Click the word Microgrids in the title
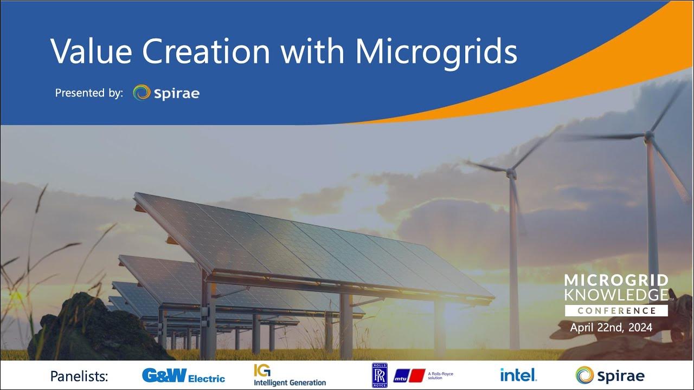436,51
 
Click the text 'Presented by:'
89,93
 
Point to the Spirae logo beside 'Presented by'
166,93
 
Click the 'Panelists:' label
79,376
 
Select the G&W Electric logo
183,375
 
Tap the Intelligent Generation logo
290,375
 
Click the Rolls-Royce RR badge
380,375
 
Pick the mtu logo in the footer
409,375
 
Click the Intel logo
518,374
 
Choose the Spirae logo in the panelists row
610,375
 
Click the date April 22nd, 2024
611,328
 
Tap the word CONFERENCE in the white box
616,311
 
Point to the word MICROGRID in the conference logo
616,281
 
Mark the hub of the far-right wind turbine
648,136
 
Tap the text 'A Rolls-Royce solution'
440,375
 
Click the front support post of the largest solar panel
208,320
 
